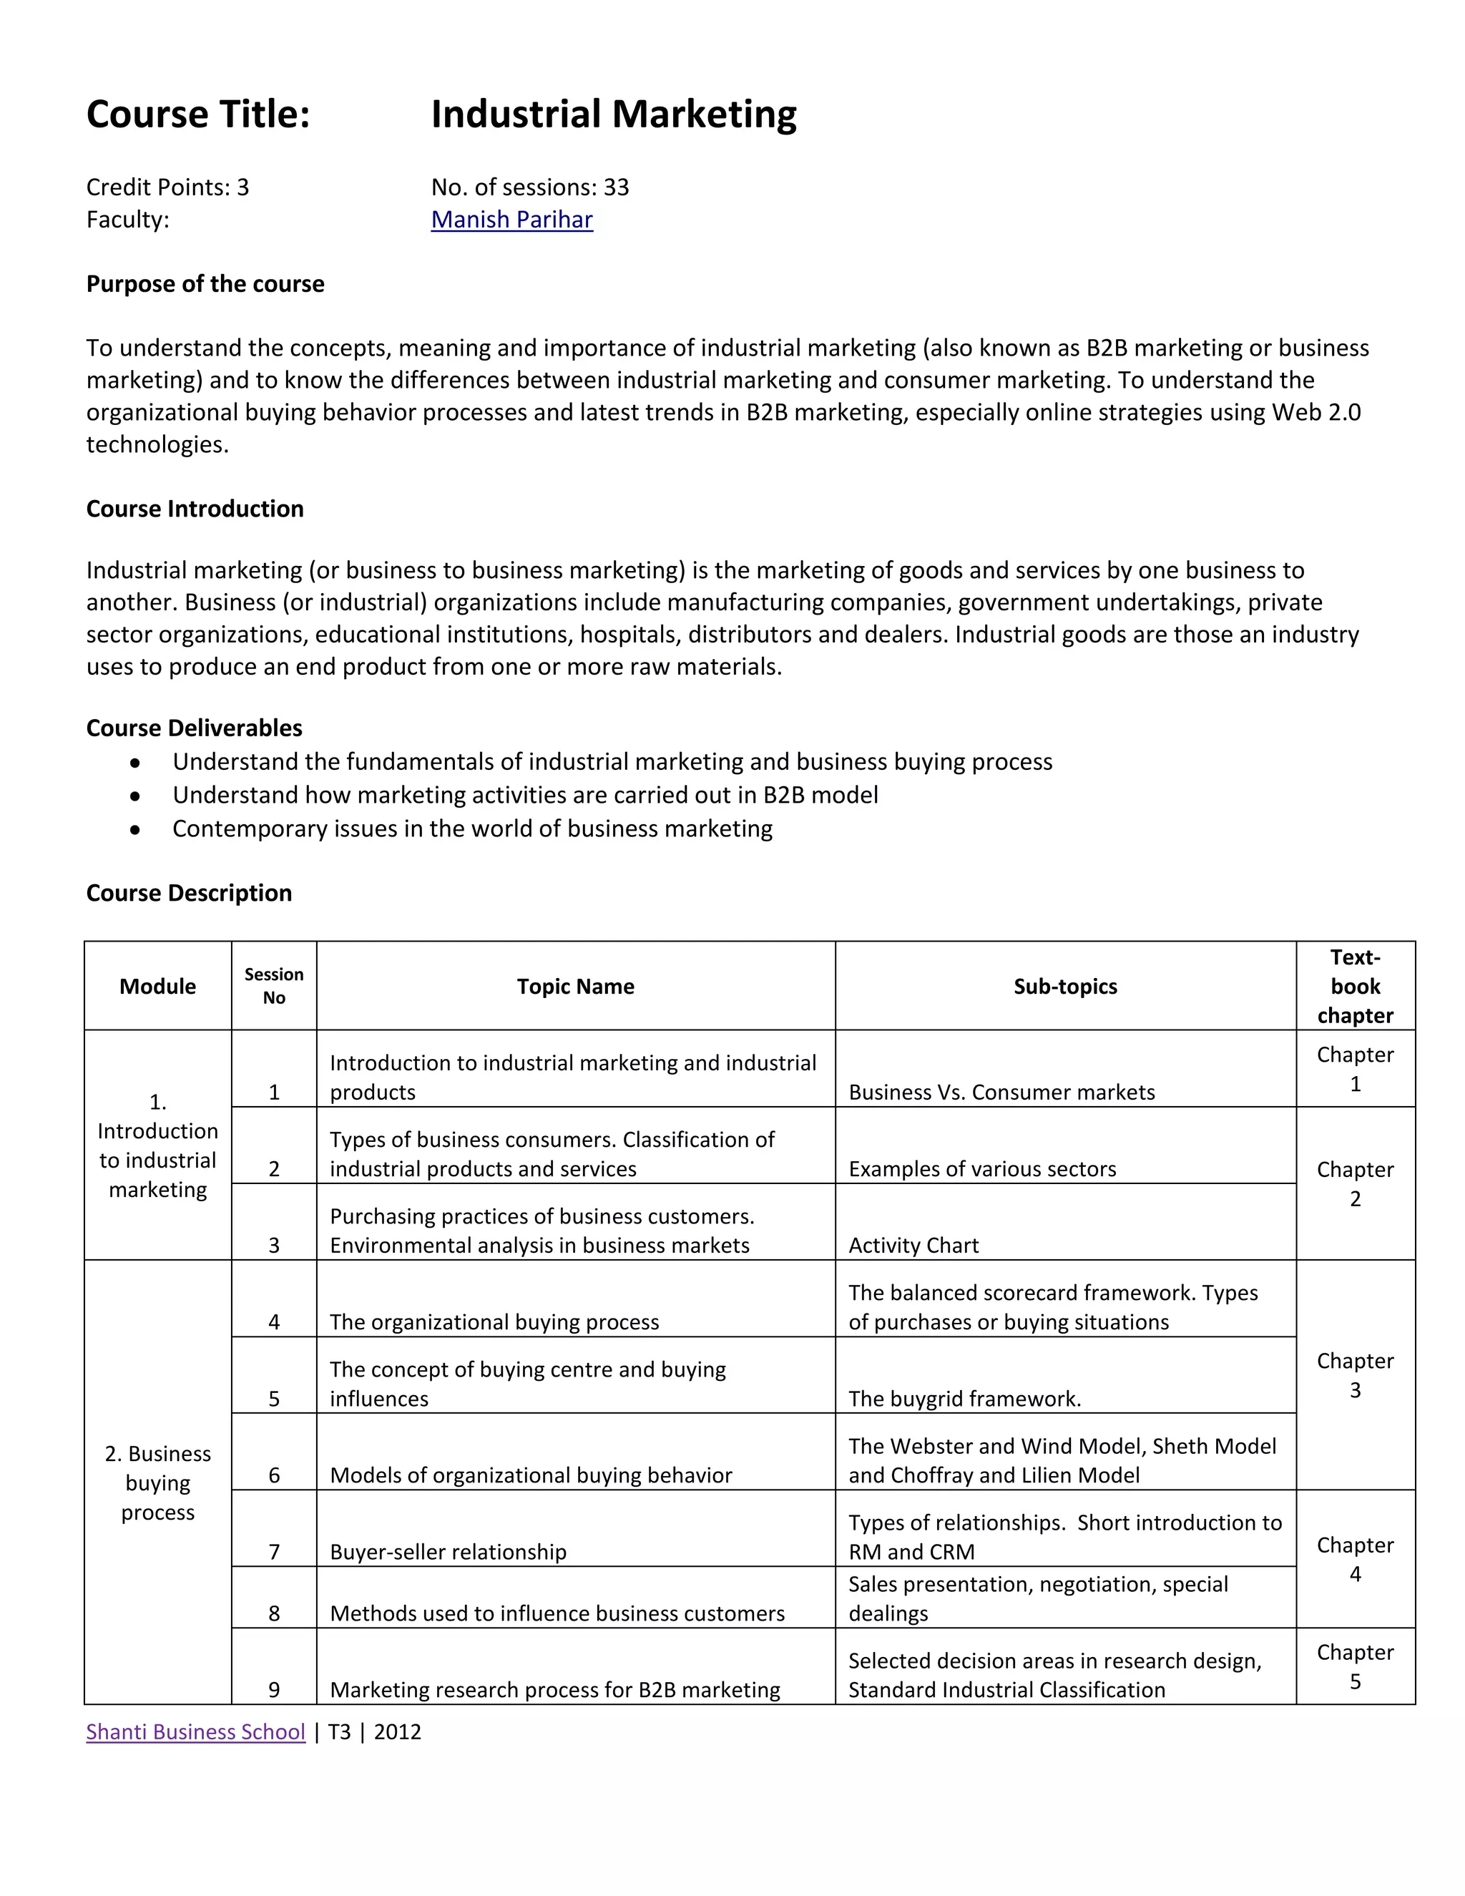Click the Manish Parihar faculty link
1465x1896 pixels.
pos(511,220)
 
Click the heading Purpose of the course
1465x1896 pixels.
pos(205,284)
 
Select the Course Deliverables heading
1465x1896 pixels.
pos(195,728)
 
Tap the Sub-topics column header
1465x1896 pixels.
pos(1065,986)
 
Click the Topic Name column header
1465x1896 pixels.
pos(575,986)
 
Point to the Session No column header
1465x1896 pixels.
pos(273,986)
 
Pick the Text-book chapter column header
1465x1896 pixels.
pos(1355,986)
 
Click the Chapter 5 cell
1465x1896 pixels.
pos(1355,1666)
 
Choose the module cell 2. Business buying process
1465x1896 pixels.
pos(158,1482)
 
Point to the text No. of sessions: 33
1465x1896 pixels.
pos(529,187)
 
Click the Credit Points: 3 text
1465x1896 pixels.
pos(167,187)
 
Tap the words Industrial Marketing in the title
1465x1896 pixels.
pos(614,114)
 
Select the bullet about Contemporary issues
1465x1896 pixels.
pos(472,829)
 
